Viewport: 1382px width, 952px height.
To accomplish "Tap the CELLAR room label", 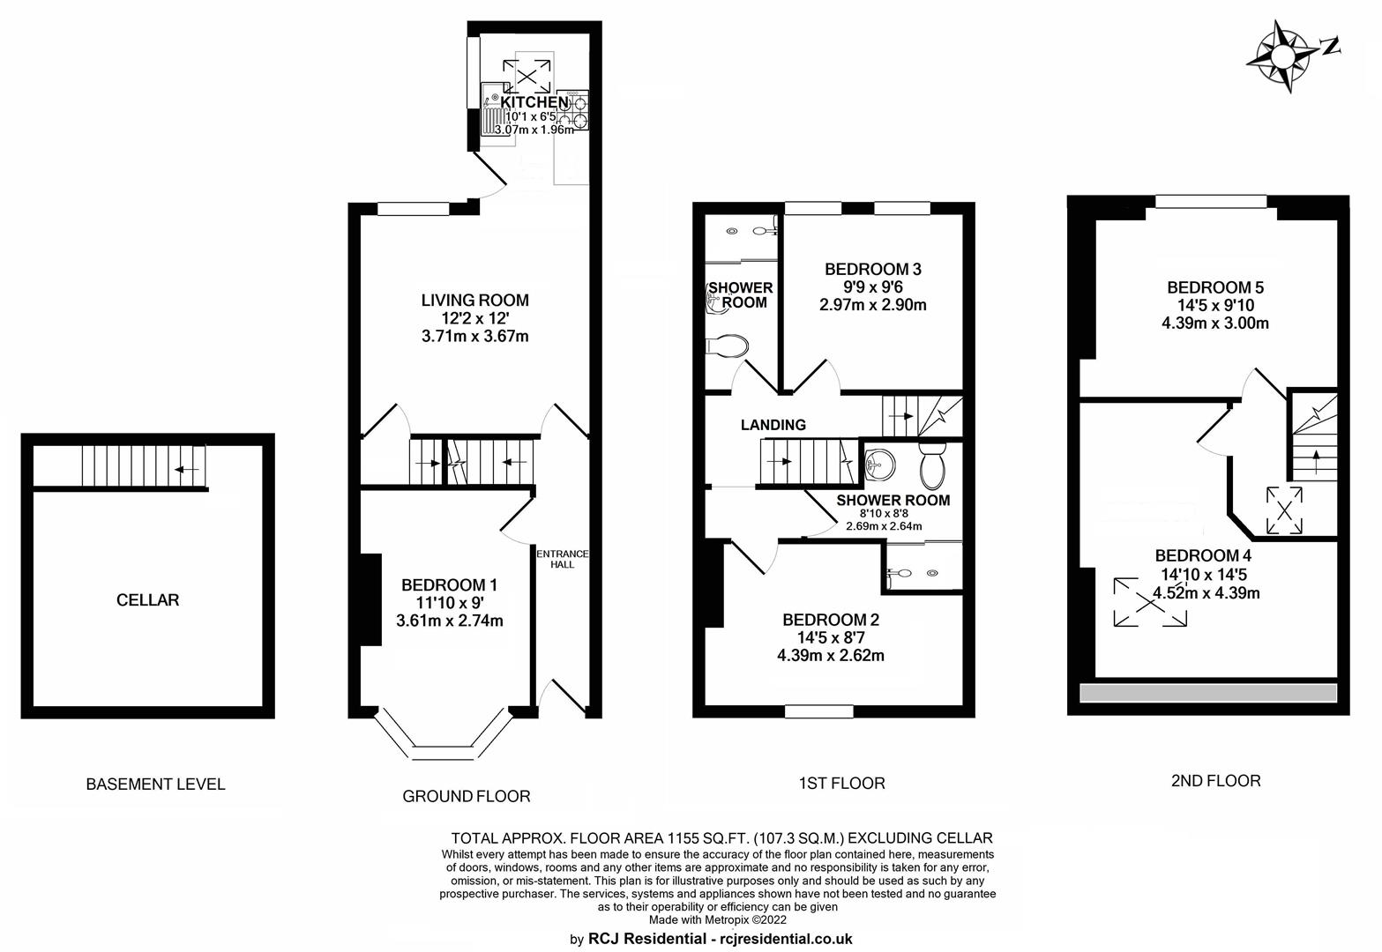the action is tap(147, 600).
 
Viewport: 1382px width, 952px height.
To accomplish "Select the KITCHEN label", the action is tap(534, 101).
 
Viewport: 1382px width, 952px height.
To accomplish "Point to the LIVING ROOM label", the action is tap(475, 301).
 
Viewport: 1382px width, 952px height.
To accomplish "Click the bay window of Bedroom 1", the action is tap(444, 738).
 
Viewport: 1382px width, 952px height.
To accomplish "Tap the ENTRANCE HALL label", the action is tap(562, 559).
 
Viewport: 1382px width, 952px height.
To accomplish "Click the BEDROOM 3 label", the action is tap(873, 269).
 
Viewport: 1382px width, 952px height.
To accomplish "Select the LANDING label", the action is tap(773, 425).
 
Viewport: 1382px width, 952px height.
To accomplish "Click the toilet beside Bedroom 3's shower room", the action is tap(728, 346).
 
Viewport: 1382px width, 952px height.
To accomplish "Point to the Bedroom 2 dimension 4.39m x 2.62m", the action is tap(831, 656).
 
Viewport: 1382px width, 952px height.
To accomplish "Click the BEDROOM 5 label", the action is tap(1215, 287).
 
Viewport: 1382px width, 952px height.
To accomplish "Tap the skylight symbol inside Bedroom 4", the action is tap(1150, 602).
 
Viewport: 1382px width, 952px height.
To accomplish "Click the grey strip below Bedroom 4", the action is tap(1208, 693).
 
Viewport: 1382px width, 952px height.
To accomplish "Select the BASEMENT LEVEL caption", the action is tap(155, 785).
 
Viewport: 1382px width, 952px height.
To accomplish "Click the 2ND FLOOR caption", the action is tap(1216, 781).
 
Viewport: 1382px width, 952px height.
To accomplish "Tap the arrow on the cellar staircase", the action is tap(187, 470).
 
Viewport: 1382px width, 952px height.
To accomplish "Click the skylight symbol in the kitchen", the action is tap(527, 77).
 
